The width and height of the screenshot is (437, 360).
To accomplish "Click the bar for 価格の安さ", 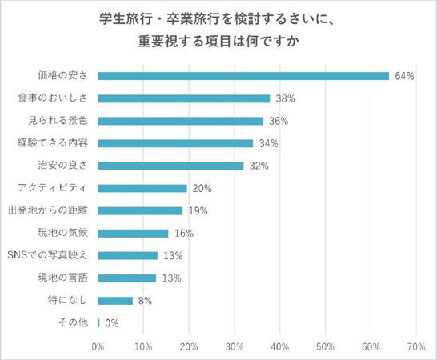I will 243,76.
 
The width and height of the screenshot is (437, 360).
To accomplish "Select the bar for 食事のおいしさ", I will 184,98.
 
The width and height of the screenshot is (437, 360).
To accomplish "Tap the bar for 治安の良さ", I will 170,166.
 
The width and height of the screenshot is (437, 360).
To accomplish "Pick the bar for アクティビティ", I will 142,188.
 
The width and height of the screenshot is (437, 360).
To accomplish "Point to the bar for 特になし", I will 115,301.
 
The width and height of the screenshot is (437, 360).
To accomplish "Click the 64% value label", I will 403,76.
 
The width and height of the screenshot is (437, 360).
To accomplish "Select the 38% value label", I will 286,98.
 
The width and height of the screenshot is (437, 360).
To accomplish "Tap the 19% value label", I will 198,211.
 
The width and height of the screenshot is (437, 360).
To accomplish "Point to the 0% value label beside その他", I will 113,323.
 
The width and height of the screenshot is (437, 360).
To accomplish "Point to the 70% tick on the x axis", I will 415,346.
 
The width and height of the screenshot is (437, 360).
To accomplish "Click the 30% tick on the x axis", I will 235,346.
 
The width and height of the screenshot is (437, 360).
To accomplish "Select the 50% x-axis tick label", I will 325,346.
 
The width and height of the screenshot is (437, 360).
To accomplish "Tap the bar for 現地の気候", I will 133,234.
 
